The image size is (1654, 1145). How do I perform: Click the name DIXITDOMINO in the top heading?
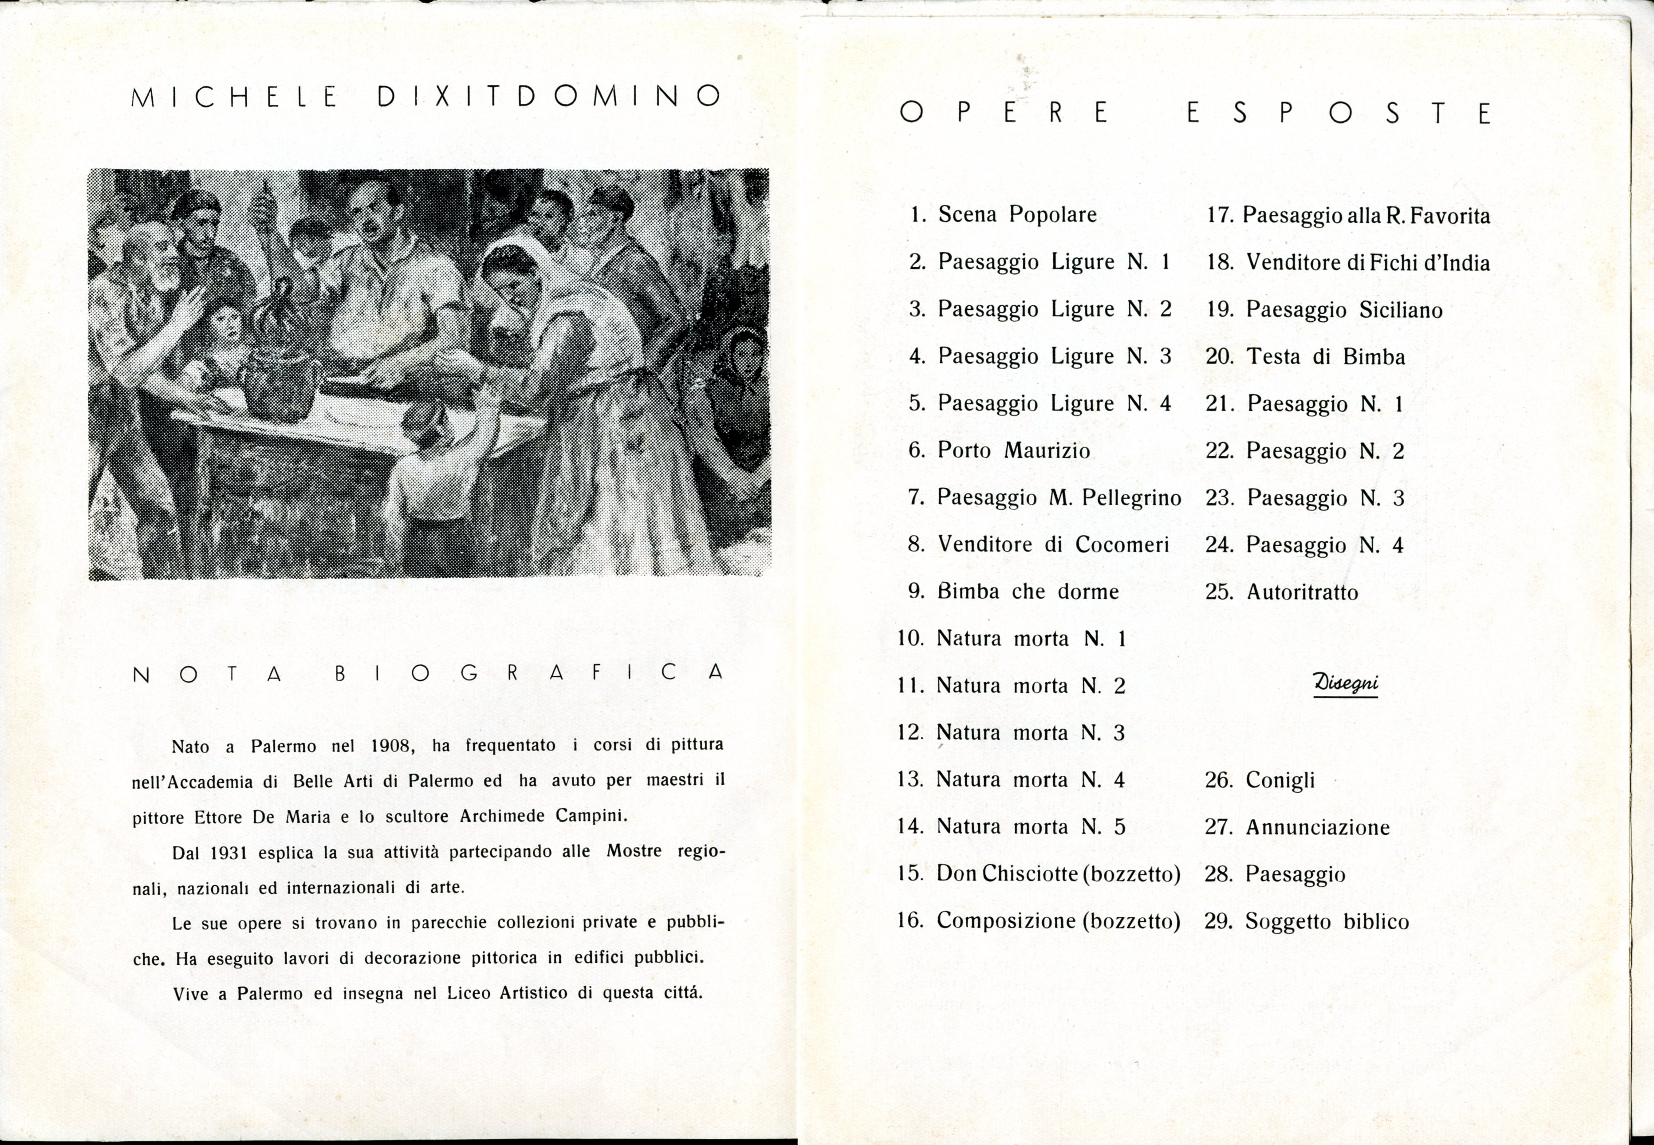click(x=549, y=96)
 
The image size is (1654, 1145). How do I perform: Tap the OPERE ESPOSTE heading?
click(x=1195, y=113)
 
